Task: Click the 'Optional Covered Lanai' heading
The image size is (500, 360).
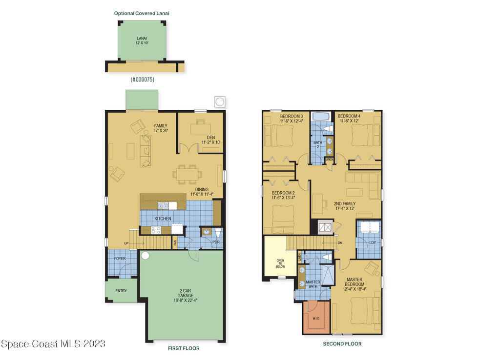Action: tap(142, 13)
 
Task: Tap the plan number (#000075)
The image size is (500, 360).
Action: tap(143, 80)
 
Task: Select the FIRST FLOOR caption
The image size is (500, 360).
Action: tap(184, 348)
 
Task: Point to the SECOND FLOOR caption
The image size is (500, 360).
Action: tap(342, 344)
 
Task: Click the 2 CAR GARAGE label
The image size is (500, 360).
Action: tap(186, 295)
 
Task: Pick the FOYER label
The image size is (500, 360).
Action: tap(120, 259)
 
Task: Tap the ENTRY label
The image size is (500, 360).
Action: tap(121, 291)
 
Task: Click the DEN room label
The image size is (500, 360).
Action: tap(211, 140)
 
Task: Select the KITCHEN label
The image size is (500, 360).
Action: tap(163, 219)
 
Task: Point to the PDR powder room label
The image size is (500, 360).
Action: tap(216, 242)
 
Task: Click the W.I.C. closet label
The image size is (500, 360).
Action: tap(316, 318)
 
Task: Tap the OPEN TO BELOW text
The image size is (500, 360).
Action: tap(280, 263)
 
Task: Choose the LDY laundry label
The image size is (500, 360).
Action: tap(373, 243)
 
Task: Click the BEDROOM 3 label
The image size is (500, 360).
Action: tap(292, 119)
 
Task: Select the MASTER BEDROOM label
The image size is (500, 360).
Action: tap(354, 284)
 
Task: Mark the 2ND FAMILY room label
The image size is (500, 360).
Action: tap(345, 206)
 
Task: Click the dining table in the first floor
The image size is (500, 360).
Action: tap(187, 174)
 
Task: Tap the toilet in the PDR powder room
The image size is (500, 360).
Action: tap(218, 233)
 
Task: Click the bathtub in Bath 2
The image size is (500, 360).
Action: tap(322, 116)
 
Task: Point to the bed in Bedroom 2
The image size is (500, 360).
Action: tap(283, 220)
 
